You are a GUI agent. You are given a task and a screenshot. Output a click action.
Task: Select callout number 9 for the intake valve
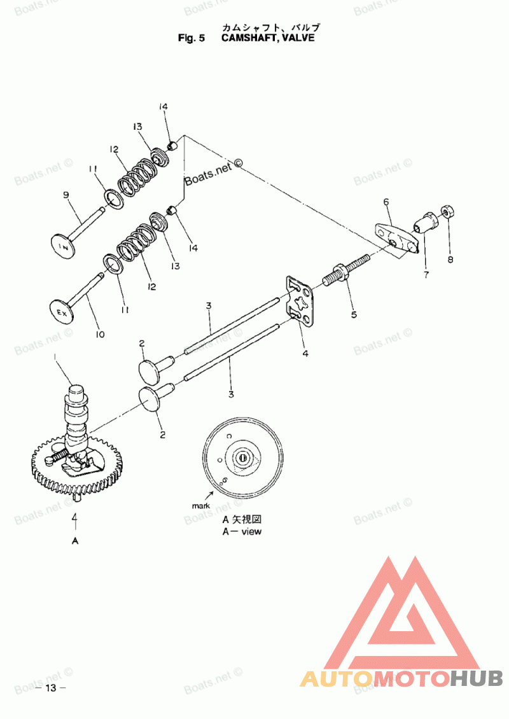click(x=65, y=196)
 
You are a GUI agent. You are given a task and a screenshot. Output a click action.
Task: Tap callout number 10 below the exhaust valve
click(x=100, y=334)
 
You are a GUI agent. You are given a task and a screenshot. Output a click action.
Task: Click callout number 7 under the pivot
click(x=426, y=275)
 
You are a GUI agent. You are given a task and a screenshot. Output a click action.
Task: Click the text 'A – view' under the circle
click(x=241, y=531)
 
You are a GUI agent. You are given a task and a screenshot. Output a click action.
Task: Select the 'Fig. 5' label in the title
click(x=192, y=38)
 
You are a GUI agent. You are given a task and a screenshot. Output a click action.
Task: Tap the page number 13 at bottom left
click(x=52, y=688)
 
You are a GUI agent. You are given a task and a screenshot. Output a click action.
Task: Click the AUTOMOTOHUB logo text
click(x=401, y=678)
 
